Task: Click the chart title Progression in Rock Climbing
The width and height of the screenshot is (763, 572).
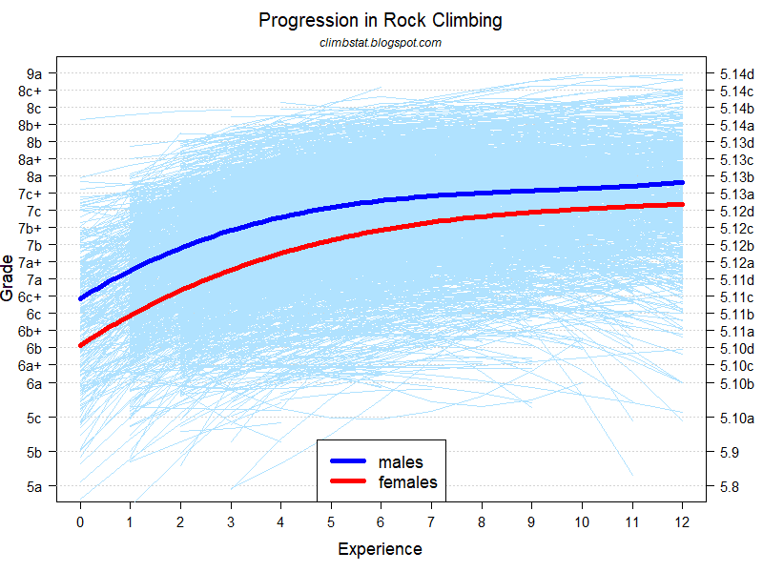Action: (x=381, y=20)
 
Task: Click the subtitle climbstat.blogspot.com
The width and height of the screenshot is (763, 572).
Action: (x=381, y=43)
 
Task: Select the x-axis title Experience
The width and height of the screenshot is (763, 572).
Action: (x=380, y=549)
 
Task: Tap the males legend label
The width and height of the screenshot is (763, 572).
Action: (x=401, y=462)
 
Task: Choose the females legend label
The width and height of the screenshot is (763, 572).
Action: (x=407, y=482)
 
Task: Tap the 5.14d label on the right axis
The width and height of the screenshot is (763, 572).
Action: (x=737, y=73)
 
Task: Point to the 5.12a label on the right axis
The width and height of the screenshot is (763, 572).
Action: (x=737, y=262)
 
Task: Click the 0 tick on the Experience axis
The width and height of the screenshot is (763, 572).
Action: (x=80, y=522)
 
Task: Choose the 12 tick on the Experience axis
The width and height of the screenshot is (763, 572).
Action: (x=683, y=522)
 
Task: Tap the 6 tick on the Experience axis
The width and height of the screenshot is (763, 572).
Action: (x=381, y=522)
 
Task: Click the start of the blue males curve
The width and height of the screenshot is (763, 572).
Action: (x=81, y=299)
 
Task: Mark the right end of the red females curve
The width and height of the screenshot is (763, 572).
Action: (x=682, y=204)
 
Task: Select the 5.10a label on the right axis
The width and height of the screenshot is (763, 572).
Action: (x=737, y=418)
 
